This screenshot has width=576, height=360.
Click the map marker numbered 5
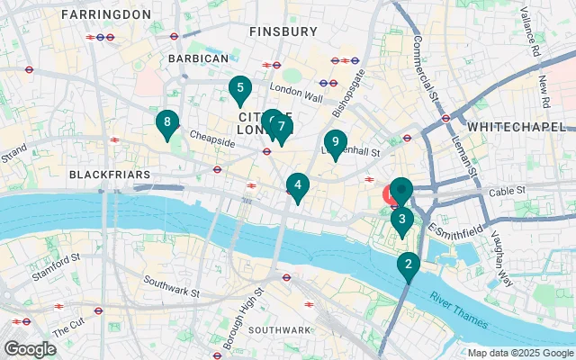tap(238, 89)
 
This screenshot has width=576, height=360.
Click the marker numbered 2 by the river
tap(409, 265)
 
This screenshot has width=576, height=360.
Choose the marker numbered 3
tap(401, 219)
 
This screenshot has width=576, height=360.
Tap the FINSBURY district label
tap(284, 31)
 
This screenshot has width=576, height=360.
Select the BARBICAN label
tap(198, 58)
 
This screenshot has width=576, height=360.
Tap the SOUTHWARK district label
tap(279, 330)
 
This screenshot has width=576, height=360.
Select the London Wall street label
tap(296, 90)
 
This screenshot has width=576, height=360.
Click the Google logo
tap(30, 348)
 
